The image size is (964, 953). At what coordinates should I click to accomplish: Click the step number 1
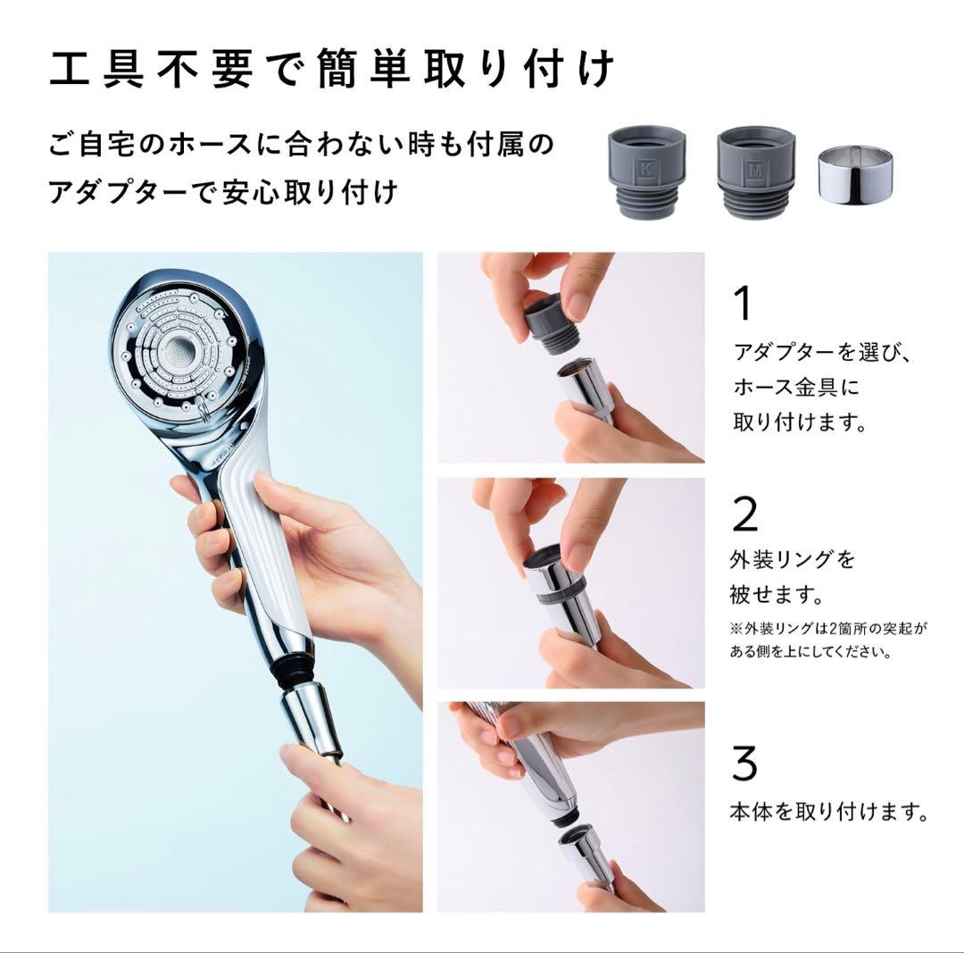pyautogui.click(x=742, y=305)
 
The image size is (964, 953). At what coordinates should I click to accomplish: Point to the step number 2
pyautogui.click(x=744, y=514)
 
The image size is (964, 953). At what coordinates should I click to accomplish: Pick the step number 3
pyautogui.click(x=744, y=764)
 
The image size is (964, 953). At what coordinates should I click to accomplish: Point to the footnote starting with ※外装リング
pyautogui.click(x=828, y=640)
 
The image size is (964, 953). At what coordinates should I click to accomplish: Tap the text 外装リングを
pyautogui.click(x=793, y=560)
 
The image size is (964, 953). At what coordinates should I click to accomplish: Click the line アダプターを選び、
pyautogui.click(x=821, y=351)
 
